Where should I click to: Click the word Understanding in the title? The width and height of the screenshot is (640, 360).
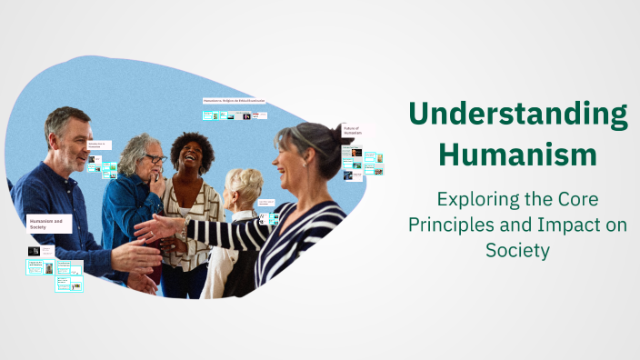(517, 116)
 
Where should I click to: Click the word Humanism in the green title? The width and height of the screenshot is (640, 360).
(517, 155)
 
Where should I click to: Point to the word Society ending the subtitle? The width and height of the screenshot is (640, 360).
(517, 249)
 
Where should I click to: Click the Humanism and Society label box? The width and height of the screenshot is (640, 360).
(49, 222)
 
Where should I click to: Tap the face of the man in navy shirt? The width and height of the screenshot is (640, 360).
(69, 137)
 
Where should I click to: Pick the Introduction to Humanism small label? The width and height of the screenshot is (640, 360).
(99, 145)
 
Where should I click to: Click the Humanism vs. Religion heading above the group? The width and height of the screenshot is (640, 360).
(234, 101)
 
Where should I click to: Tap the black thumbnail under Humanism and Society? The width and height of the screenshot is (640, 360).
(34, 250)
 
